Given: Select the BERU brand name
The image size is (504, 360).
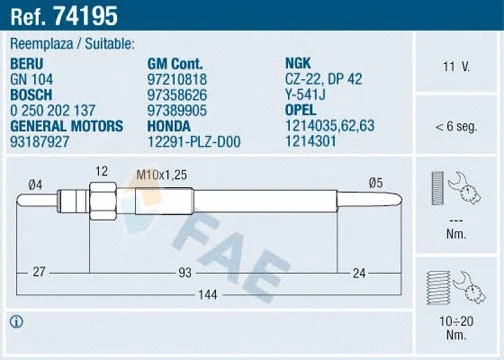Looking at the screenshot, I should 28,62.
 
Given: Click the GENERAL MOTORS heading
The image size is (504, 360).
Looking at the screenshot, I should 66,125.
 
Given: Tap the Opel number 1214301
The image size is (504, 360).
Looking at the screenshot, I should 312,141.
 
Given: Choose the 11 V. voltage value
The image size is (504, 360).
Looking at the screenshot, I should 456,67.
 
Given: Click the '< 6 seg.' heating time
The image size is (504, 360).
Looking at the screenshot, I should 456,128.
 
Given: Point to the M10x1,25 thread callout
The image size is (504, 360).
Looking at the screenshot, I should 164,175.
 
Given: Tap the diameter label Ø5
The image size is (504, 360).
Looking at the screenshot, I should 376,182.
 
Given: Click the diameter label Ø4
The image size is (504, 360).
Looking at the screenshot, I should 34,182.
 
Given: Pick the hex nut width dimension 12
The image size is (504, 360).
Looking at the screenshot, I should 101,172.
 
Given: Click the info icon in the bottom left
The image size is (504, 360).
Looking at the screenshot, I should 17,321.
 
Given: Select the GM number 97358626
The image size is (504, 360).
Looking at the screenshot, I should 175,93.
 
